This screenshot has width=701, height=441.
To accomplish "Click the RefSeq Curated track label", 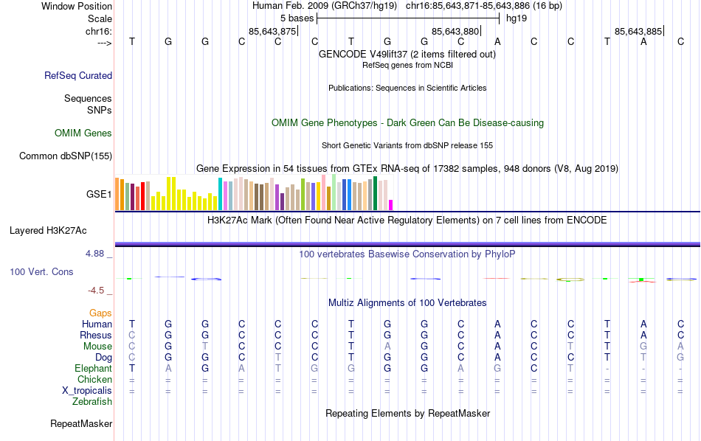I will pyautogui.click(x=78, y=75).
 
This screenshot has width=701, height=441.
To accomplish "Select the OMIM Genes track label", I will pyautogui.click(x=83, y=133).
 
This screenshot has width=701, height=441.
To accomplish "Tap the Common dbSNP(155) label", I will pyautogui.click(x=66, y=156).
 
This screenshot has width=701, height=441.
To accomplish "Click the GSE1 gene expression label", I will pyautogui.click(x=99, y=195).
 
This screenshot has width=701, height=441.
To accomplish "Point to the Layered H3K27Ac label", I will pyautogui.click(x=48, y=230).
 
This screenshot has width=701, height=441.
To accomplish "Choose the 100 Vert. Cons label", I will pyautogui.click(x=41, y=272).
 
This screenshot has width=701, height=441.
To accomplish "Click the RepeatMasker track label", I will pyautogui.click(x=81, y=424).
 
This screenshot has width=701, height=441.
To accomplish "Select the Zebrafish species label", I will pyautogui.click(x=92, y=402).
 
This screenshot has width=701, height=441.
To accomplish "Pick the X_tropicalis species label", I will pyautogui.click(x=86, y=391).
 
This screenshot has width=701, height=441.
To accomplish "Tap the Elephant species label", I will pyautogui.click(x=93, y=369).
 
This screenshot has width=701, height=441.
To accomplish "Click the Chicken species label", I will pyautogui.click(x=94, y=380).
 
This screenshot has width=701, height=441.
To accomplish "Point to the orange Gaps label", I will pyautogui.click(x=100, y=313).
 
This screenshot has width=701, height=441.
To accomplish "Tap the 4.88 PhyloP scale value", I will pyautogui.click(x=97, y=254).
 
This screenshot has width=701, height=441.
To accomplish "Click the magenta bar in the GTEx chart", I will pyautogui.click(x=391, y=205).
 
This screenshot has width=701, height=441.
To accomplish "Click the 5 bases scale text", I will pyautogui.click(x=296, y=18).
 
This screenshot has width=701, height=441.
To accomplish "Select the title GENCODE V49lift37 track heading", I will pyautogui.click(x=407, y=55).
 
